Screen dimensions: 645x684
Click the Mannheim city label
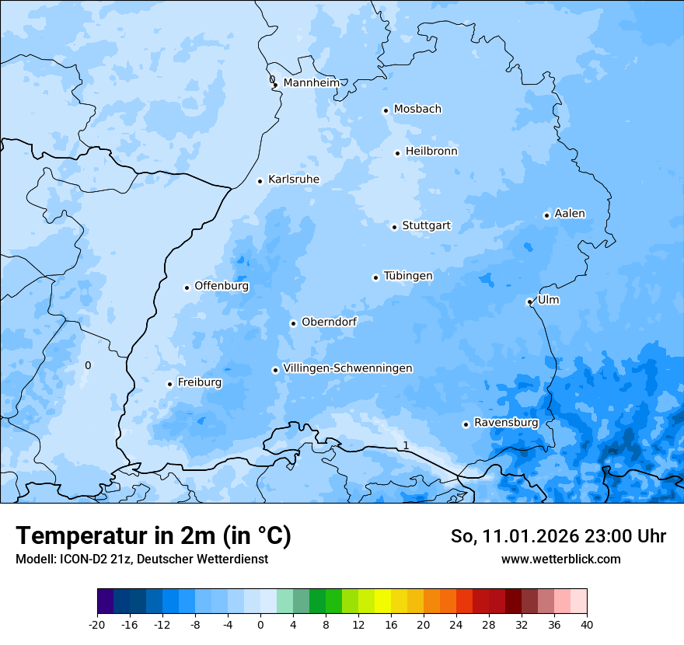[311, 82]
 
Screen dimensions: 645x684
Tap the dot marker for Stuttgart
[395, 227]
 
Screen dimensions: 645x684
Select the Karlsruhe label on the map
[293, 180]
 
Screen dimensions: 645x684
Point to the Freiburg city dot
[169, 384]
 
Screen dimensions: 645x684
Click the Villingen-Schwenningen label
[347, 368]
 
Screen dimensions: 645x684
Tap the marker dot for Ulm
[529, 302]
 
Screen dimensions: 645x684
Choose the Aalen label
[570, 214]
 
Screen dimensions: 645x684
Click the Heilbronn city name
[431, 152]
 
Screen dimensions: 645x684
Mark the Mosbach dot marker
[386, 110]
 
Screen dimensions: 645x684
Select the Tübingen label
[408, 276]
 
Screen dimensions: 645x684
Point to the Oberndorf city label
[329, 322]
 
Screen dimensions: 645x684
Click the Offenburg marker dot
[187, 288]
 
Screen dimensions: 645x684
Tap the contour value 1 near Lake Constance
[405, 445]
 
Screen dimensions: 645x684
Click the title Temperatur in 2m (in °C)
[153, 535]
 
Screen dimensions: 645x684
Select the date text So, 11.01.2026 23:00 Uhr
[558, 536]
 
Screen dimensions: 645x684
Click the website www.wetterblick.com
[560, 559]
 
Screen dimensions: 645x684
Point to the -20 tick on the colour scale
[97, 624]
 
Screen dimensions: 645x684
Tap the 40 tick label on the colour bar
[587, 624]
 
